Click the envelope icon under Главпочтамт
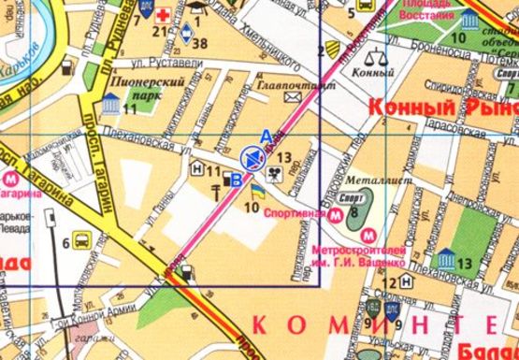292,95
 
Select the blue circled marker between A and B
251,156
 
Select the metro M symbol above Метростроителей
368,237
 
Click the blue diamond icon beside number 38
186,39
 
